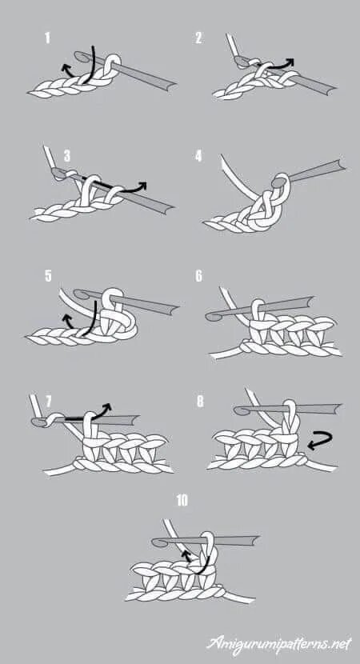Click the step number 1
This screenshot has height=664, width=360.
point(47,38)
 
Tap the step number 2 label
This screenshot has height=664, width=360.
point(198,38)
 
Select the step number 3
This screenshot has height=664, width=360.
point(67,156)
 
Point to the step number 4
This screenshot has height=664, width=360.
point(198,157)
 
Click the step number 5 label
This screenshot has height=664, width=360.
point(48,276)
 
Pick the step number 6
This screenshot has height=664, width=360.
point(198,276)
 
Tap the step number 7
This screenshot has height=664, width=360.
point(48,401)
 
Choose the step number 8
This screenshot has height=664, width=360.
point(200,402)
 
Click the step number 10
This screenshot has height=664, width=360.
point(182,501)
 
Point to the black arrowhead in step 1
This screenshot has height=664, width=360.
point(66,67)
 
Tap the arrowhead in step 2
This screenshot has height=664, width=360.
point(289,62)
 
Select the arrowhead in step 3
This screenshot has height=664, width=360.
point(142,186)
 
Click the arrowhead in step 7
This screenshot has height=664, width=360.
point(107,407)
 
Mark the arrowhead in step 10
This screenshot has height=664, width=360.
point(185,554)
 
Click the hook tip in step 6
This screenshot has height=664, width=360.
point(210,317)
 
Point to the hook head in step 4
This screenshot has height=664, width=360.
point(278,182)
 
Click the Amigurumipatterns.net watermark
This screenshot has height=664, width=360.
point(279,644)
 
